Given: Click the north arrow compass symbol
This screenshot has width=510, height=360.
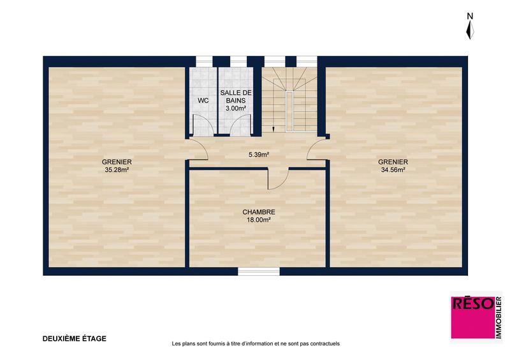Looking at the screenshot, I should tap(470, 28).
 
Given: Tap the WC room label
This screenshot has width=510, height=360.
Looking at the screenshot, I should tap(203, 101).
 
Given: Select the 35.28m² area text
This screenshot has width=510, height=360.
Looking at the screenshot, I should tap(117, 170).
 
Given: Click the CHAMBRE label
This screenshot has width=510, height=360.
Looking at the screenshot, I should tap(258, 212).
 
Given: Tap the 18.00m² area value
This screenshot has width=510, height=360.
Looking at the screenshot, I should tap(258, 220).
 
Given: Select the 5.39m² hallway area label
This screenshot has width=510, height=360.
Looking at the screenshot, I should tap(258, 154).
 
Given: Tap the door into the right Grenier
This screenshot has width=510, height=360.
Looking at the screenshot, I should tap(316, 150).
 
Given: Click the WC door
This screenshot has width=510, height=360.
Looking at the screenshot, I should tap(203, 125).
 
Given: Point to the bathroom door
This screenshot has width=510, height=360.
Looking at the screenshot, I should tap(236, 125).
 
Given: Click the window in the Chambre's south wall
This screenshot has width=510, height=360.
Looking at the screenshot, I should tap(258, 271).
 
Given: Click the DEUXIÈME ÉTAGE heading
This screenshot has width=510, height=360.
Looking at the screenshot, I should tap(74, 338).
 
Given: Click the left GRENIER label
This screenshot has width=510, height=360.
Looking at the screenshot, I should tap(117, 162).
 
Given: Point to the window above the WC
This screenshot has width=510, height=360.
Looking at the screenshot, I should tap(203, 61).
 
